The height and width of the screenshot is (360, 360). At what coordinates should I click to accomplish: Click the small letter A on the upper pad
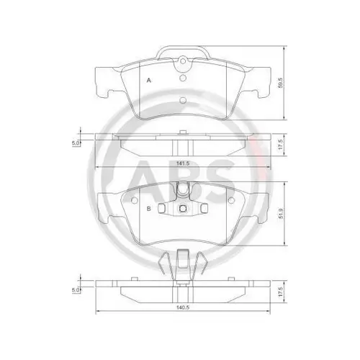(148, 80)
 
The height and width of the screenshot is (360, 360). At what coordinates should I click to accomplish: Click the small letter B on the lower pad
(148, 209)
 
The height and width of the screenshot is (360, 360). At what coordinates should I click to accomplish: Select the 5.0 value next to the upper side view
(75, 143)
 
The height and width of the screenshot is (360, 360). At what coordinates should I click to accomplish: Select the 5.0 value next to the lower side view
(75, 291)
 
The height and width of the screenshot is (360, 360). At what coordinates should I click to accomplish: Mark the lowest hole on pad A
(182, 99)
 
